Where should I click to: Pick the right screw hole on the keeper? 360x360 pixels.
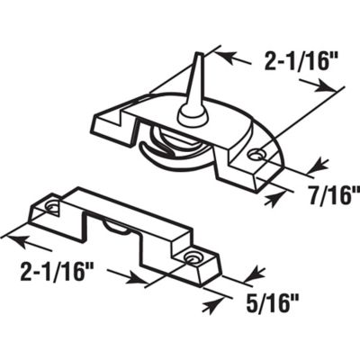pyautogui.click(x=192, y=259)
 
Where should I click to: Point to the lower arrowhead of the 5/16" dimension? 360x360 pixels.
pyautogui.click(x=211, y=304)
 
